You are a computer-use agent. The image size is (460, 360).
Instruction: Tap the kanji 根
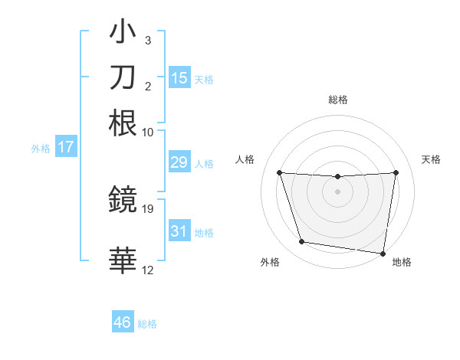click(x=123, y=122)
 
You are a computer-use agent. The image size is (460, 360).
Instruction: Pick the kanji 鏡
click(x=123, y=201)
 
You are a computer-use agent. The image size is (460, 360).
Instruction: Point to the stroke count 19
click(x=149, y=208)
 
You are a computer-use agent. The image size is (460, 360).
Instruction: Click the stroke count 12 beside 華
click(x=148, y=270)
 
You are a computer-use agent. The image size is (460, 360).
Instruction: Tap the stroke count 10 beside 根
click(x=148, y=132)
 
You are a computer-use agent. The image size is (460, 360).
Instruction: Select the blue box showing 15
click(x=179, y=77)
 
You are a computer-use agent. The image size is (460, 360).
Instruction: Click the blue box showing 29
click(x=179, y=162)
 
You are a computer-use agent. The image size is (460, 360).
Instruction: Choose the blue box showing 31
click(x=179, y=231)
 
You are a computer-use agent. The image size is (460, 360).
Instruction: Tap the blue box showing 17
click(x=65, y=147)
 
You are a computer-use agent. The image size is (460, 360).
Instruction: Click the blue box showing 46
click(x=123, y=322)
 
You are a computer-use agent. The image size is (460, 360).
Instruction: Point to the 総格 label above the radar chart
click(x=338, y=100)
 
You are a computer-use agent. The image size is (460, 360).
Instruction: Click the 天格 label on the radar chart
click(x=431, y=159)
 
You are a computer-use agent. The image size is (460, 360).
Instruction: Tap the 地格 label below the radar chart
click(x=402, y=263)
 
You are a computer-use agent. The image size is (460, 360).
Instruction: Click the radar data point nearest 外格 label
click(x=302, y=242)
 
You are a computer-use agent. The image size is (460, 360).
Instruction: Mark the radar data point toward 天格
click(x=396, y=172)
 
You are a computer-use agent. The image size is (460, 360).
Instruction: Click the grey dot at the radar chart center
click(x=338, y=191)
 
